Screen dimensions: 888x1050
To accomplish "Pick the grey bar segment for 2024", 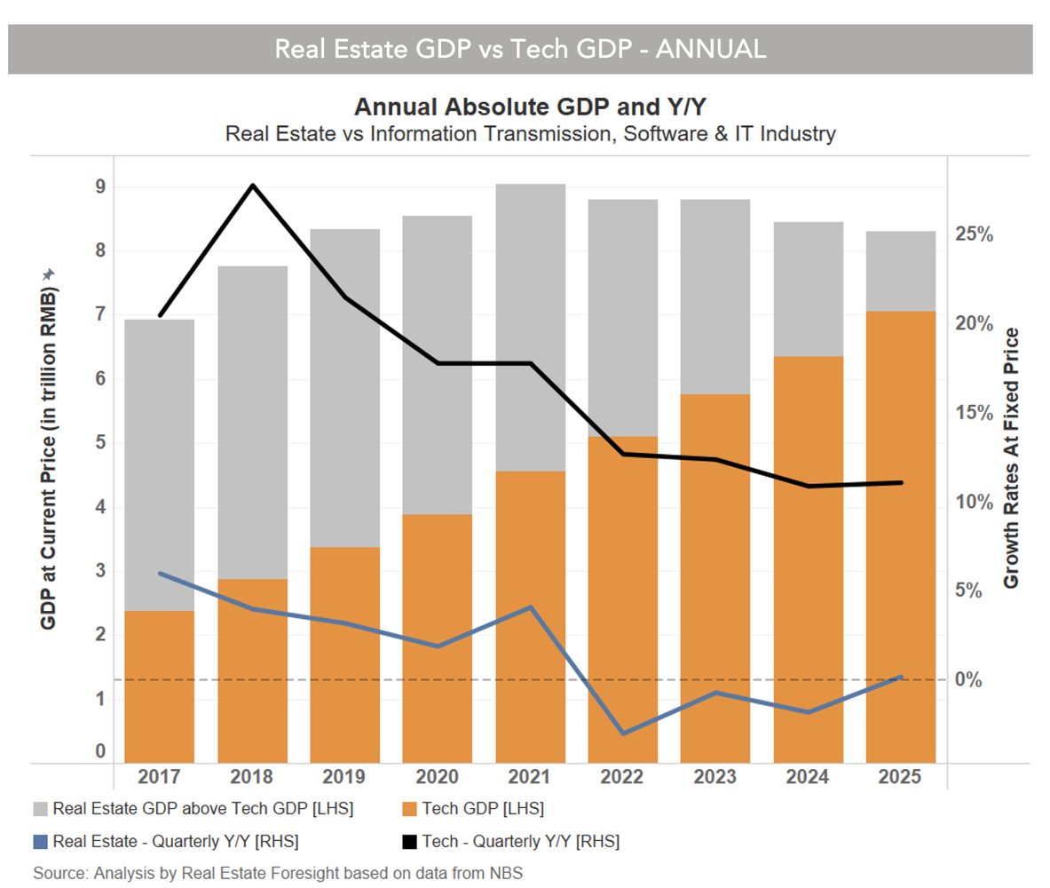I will coord(808,289).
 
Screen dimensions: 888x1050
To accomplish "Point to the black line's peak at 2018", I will coord(252,186).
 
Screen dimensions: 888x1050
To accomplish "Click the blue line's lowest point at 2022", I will coord(622,733).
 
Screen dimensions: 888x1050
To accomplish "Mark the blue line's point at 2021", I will coord(530,607).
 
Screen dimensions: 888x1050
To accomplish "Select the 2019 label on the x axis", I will coord(344,776).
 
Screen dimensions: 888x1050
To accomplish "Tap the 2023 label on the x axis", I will coord(714,776).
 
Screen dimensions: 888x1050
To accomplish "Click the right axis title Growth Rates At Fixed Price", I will coord(1010,457).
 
